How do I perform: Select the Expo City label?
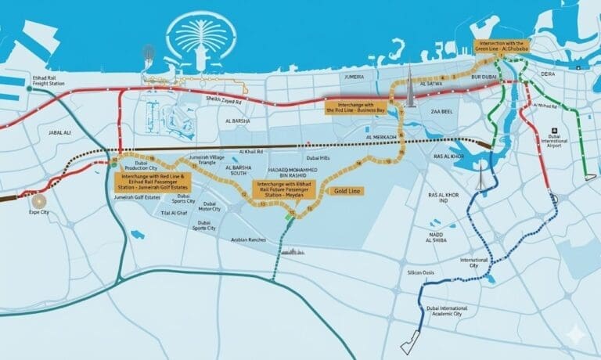pyautogui.click(x=39, y=212)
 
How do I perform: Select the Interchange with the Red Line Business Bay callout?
pyautogui.click(x=356, y=108)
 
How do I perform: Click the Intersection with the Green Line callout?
pyautogui.click(x=501, y=45)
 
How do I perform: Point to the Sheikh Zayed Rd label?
pyautogui.click(x=223, y=99)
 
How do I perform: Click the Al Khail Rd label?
pyautogui.click(x=250, y=151)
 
